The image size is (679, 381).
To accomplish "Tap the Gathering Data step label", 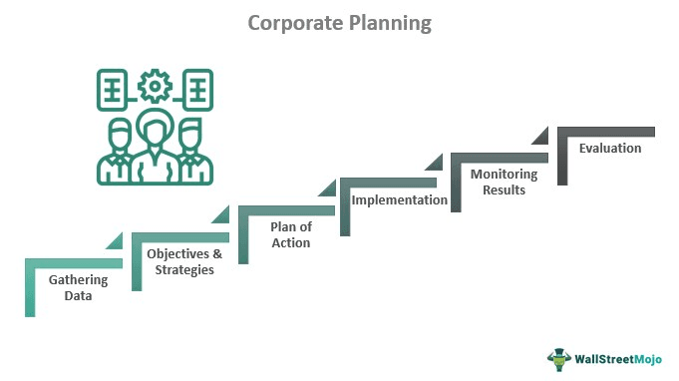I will coord(76,288).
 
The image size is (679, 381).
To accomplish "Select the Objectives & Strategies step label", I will coord(180,261).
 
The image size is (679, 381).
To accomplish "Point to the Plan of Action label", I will coord(290,234).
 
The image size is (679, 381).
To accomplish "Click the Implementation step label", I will coord(400,199).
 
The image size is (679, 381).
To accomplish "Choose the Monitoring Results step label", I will coord(504,182).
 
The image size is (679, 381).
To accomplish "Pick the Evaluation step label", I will coord(610,148).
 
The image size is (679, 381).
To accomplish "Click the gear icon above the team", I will coord(155,88).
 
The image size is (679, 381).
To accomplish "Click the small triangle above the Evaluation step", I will coord(542,135).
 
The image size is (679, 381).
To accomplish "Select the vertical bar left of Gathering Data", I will coord(30,289).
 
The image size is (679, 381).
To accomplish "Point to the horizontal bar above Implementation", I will coord(392,182).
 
